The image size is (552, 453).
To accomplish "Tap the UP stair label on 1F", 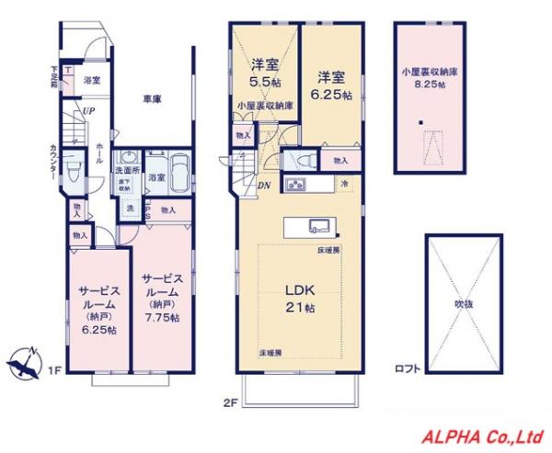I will (89, 112).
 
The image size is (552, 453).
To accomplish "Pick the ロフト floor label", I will (408, 369).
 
